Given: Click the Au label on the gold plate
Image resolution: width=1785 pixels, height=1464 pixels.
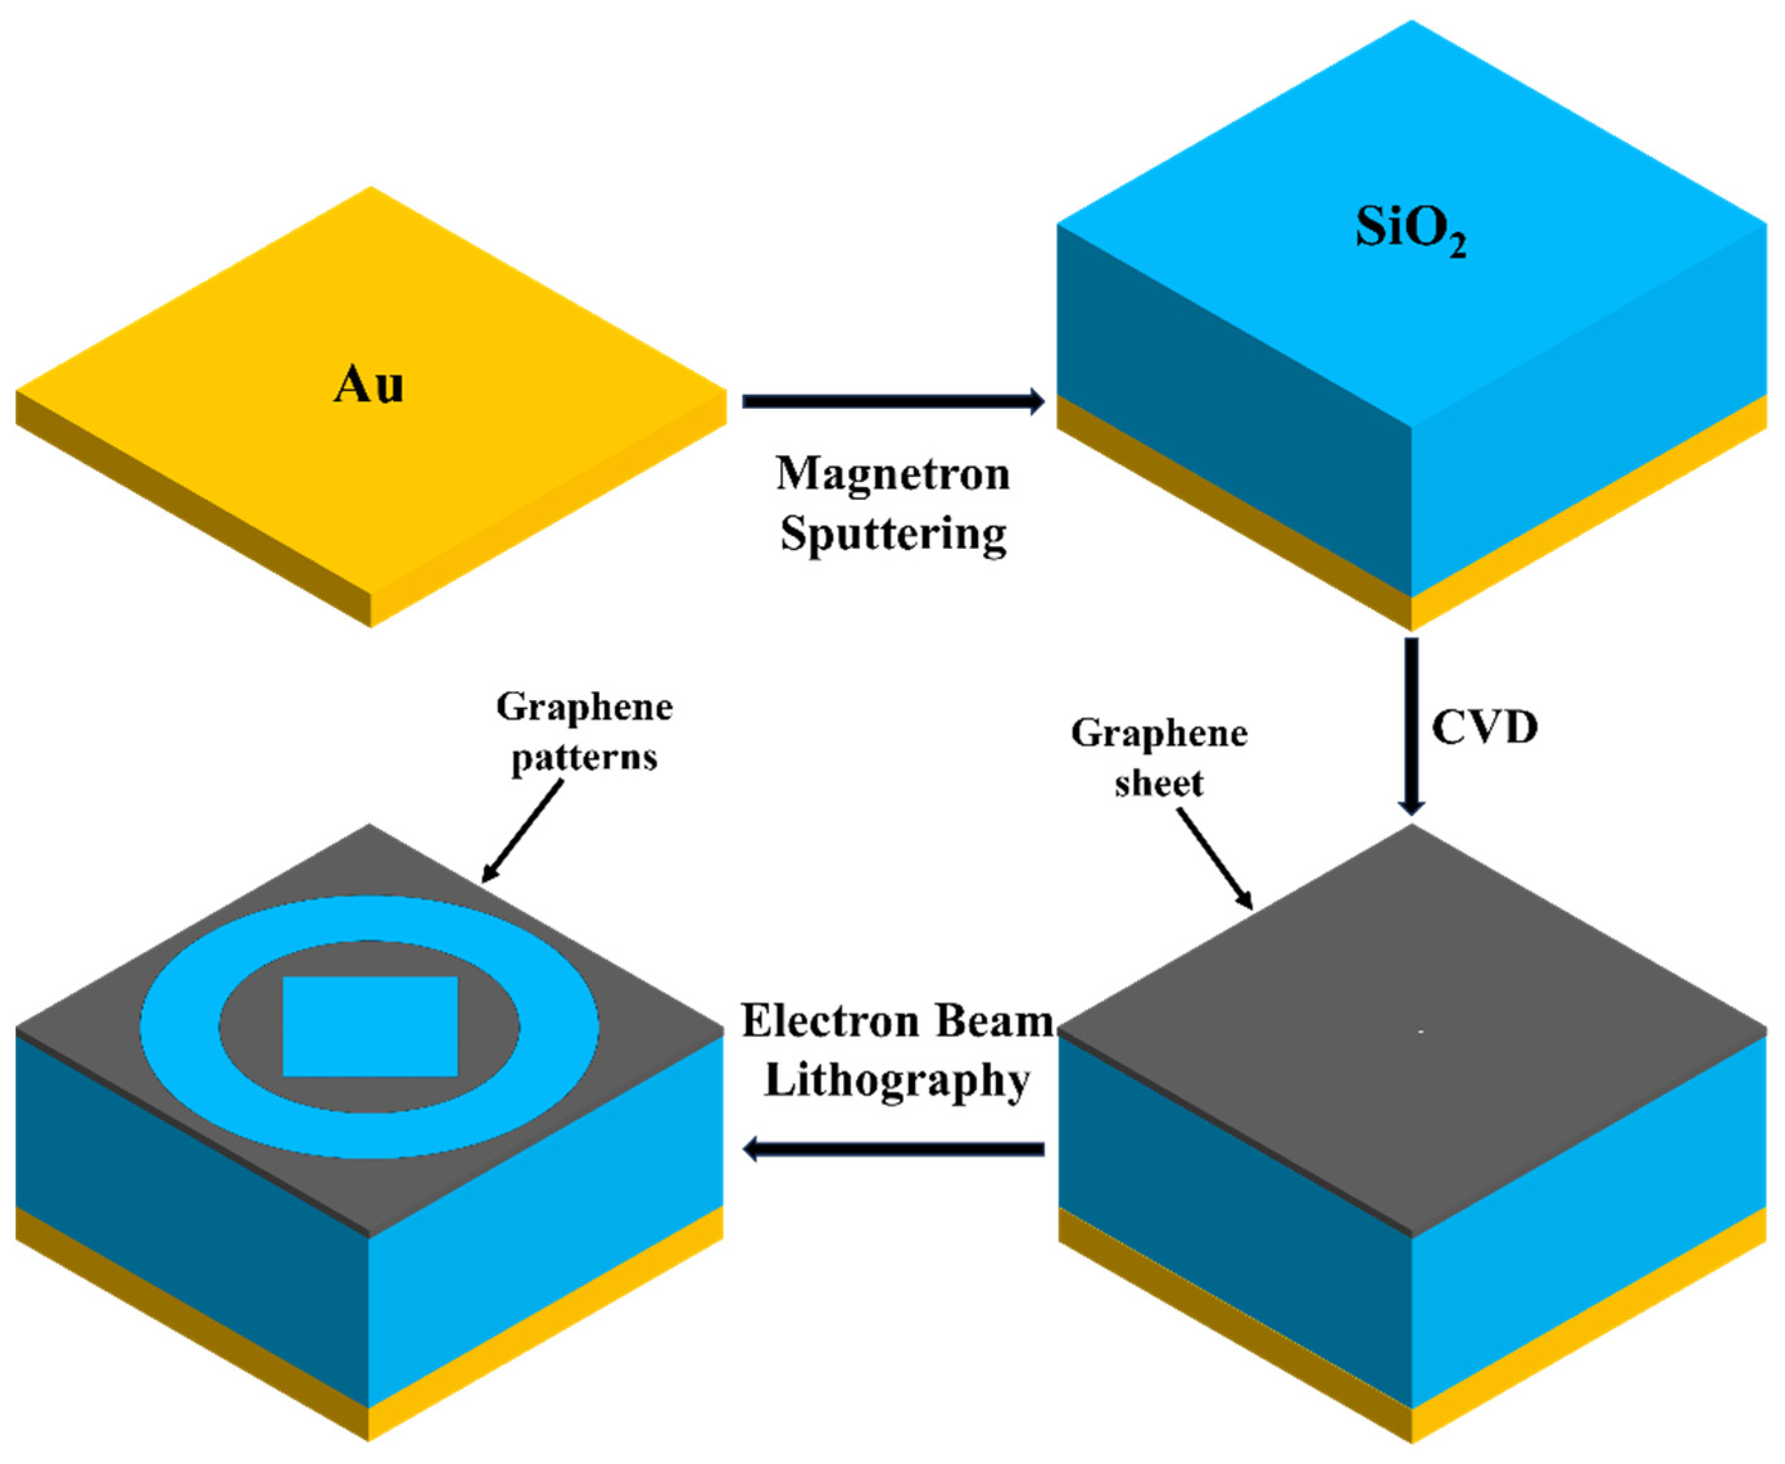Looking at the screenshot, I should (x=368, y=385).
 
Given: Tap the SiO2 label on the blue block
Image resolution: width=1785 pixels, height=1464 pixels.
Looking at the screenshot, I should (x=1410, y=229).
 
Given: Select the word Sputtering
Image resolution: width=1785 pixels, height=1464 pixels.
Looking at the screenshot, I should (x=893, y=534).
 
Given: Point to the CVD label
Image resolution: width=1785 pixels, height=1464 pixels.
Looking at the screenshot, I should (x=1485, y=727).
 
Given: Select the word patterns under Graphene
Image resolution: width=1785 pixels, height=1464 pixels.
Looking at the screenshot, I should (x=585, y=758).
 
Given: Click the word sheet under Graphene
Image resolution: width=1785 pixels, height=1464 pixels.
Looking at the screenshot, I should (x=1159, y=784).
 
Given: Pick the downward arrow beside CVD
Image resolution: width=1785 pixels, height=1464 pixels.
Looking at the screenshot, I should (x=1411, y=725).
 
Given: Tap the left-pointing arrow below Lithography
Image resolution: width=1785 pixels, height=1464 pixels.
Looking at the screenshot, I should (x=893, y=1149).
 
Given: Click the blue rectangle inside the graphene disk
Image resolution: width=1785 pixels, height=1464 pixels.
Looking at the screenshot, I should (x=370, y=1026).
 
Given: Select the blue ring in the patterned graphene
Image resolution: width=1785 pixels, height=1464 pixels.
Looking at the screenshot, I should (x=182, y=1026).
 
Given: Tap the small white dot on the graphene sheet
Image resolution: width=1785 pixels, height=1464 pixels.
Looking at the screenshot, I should (x=1421, y=1032).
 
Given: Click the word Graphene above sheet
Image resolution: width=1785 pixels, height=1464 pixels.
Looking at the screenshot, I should (x=1159, y=734).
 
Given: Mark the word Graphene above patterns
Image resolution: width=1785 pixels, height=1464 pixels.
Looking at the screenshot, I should (x=585, y=707).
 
